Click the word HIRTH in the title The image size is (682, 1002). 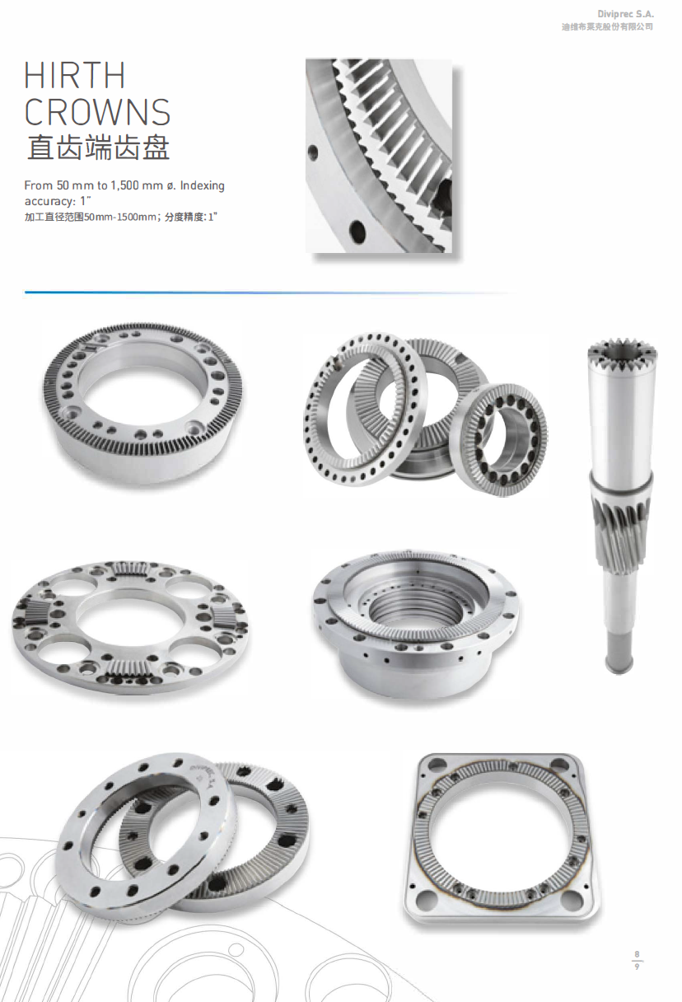tap(74, 75)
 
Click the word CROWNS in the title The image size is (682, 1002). tap(97, 112)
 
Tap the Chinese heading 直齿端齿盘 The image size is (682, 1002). tap(97, 147)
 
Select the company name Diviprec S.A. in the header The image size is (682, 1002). tap(625, 14)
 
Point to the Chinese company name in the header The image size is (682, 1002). tap(607, 27)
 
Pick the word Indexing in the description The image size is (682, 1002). tap(202, 185)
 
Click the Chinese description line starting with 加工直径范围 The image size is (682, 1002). tap(121, 218)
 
